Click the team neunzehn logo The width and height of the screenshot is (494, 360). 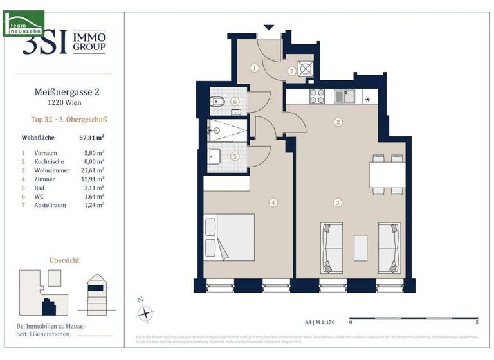pos(23,23)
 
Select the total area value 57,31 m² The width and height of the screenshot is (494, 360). pos(91,138)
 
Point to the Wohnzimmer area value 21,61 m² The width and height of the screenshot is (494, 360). pos(92,170)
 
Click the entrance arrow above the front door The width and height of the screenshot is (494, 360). pos(269,28)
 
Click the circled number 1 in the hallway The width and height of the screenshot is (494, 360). pos(255,67)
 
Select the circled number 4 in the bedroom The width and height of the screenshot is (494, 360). pos(273,203)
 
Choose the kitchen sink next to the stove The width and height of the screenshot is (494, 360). pos(344,96)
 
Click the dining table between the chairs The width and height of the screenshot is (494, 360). pos(387,174)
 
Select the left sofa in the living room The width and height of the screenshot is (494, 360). pos(332,248)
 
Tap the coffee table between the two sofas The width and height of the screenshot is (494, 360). pos(360,248)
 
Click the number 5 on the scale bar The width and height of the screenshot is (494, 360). pos(476,321)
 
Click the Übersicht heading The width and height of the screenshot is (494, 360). pos(64,260)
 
